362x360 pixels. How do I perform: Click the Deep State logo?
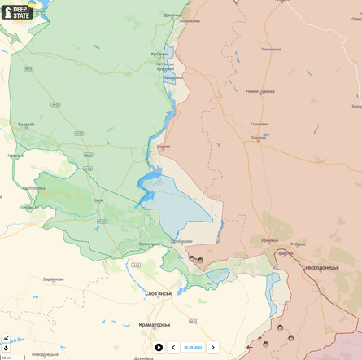pyautogui.click(x=17, y=11)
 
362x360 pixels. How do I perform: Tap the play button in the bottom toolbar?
pyautogui.click(x=159, y=347)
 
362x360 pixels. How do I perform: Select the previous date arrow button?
pyautogui.click(x=173, y=347)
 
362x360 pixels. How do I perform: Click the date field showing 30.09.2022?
pyautogui.click(x=193, y=347)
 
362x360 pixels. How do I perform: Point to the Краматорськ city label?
pyautogui.click(x=154, y=324)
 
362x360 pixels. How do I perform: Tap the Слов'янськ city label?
pyautogui.click(x=158, y=293)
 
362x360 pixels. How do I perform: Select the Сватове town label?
pyautogui.click(x=258, y=138)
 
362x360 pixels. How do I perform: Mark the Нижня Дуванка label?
pyautogui.click(x=261, y=91)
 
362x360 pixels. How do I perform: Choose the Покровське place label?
pyautogui.click(x=271, y=49)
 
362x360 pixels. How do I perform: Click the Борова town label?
pyautogui.click(x=164, y=148)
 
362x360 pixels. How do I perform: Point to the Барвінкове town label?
pyautogui.click(x=54, y=279)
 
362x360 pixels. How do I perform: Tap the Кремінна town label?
pyautogui.click(x=269, y=240)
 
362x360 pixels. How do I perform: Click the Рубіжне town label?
pyautogui.click(x=298, y=244)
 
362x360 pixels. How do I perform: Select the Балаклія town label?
pyautogui.click(x=27, y=125)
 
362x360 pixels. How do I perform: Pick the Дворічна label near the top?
pyautogui.click(x=172, y=15)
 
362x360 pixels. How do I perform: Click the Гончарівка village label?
pyautogui.click(x=260, y=124)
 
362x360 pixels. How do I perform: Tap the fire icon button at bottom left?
pyautogui.click(x=6, y=348)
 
